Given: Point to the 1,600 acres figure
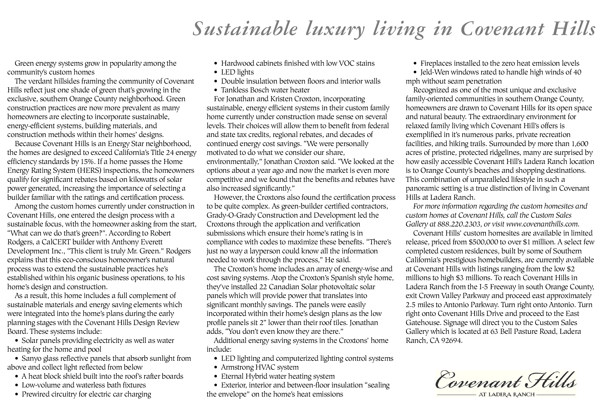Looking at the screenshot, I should click(x=580, y=144).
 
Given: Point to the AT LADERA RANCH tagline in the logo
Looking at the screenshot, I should click(x=506, y=394).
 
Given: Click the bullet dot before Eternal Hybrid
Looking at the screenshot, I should click(x=216, y=377).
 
